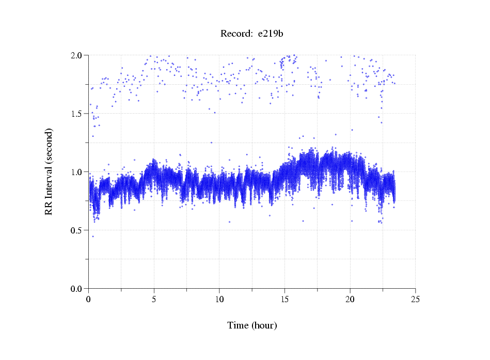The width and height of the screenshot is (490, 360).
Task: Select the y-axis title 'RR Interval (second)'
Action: click(x=49, y=171)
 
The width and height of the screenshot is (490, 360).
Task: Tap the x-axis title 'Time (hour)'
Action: click(x=252, y=325)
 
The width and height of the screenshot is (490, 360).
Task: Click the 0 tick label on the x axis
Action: click(x=89, y=299)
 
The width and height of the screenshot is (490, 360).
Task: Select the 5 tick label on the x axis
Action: click(x=154, y=299)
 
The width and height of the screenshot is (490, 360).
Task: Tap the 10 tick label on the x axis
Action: click(x=219, y=299)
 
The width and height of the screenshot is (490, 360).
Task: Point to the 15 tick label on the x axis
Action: click(x=284, y=299)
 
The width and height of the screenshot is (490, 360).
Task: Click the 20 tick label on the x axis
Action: click(x=350, y=299)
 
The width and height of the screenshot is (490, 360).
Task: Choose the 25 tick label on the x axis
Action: click(x=415, y=299)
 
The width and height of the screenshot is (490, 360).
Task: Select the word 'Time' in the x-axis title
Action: click(x=238, y=325)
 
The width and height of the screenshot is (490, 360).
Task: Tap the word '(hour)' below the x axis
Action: click(x=264, y=325)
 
